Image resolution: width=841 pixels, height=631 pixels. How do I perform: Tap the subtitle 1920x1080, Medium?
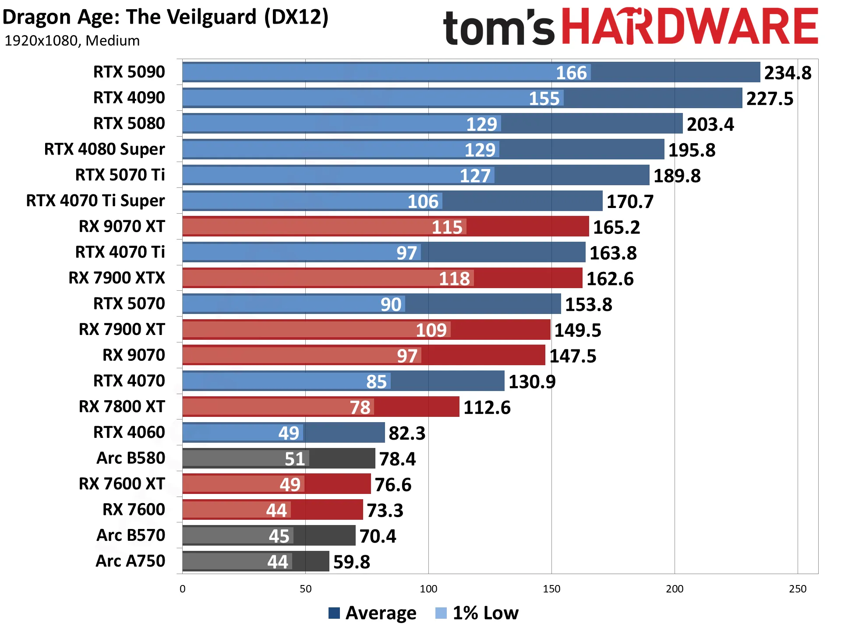(72, 41)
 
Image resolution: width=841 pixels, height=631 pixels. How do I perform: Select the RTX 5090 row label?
(129, 72)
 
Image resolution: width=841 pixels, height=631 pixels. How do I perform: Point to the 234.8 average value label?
(788, 73)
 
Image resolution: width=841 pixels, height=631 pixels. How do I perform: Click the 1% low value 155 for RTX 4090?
(544, 99)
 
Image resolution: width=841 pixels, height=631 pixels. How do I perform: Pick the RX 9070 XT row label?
(122, 226)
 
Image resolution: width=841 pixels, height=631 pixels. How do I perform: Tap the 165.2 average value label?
(616, 227)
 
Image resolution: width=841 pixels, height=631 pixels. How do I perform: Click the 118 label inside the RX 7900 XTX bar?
(454, 278)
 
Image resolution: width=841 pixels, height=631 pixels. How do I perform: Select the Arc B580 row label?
(131, 458)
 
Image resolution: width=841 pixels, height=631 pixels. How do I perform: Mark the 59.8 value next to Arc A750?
(351, 562)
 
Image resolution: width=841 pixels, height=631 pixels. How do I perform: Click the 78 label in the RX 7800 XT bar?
(360, 407)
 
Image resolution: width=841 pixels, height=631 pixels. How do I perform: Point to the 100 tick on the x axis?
(428, 589)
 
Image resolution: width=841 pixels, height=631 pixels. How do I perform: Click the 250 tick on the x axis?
(798, 589)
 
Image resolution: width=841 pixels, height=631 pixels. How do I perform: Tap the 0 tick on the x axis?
(183, 589)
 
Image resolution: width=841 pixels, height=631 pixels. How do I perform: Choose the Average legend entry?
(372, 613)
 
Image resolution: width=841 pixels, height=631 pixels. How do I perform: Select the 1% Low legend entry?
(477, 613)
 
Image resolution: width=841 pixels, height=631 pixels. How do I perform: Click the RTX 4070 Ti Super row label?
(95, 201)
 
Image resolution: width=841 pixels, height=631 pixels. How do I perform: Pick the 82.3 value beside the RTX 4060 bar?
(407, 433)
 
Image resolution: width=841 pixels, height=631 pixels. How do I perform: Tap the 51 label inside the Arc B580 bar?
(294, 459)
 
